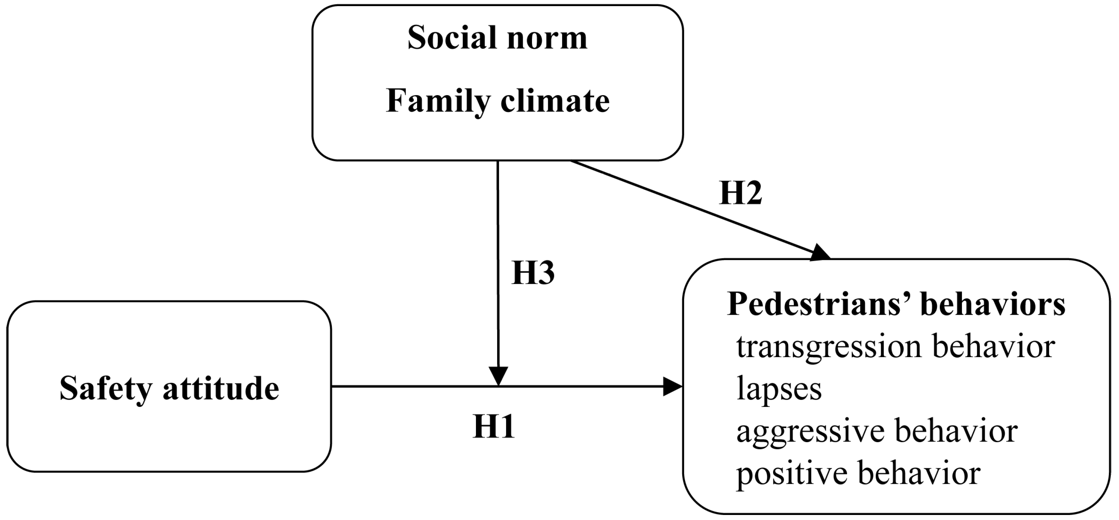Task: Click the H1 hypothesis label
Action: pyautogui.click(x=494, y=426)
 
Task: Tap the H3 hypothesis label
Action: pyautogui.click(x=533, y=273)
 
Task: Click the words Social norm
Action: pyautogui.click(x=498, y=38)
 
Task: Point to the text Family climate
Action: pyautogui.click(x=498, y=101)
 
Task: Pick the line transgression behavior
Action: pyautogui.click(x=896, y=347)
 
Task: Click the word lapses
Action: pyautogui.click(x=779, y=389)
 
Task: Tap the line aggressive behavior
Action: pyautogui.click(x=877, y=431)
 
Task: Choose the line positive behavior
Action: pyautogui.click(x=858, y=473)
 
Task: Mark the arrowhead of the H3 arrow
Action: pyautogui.click(x=498, y=376)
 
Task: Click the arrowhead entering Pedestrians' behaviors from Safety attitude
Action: pyautogui.click(x=672, y=386)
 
